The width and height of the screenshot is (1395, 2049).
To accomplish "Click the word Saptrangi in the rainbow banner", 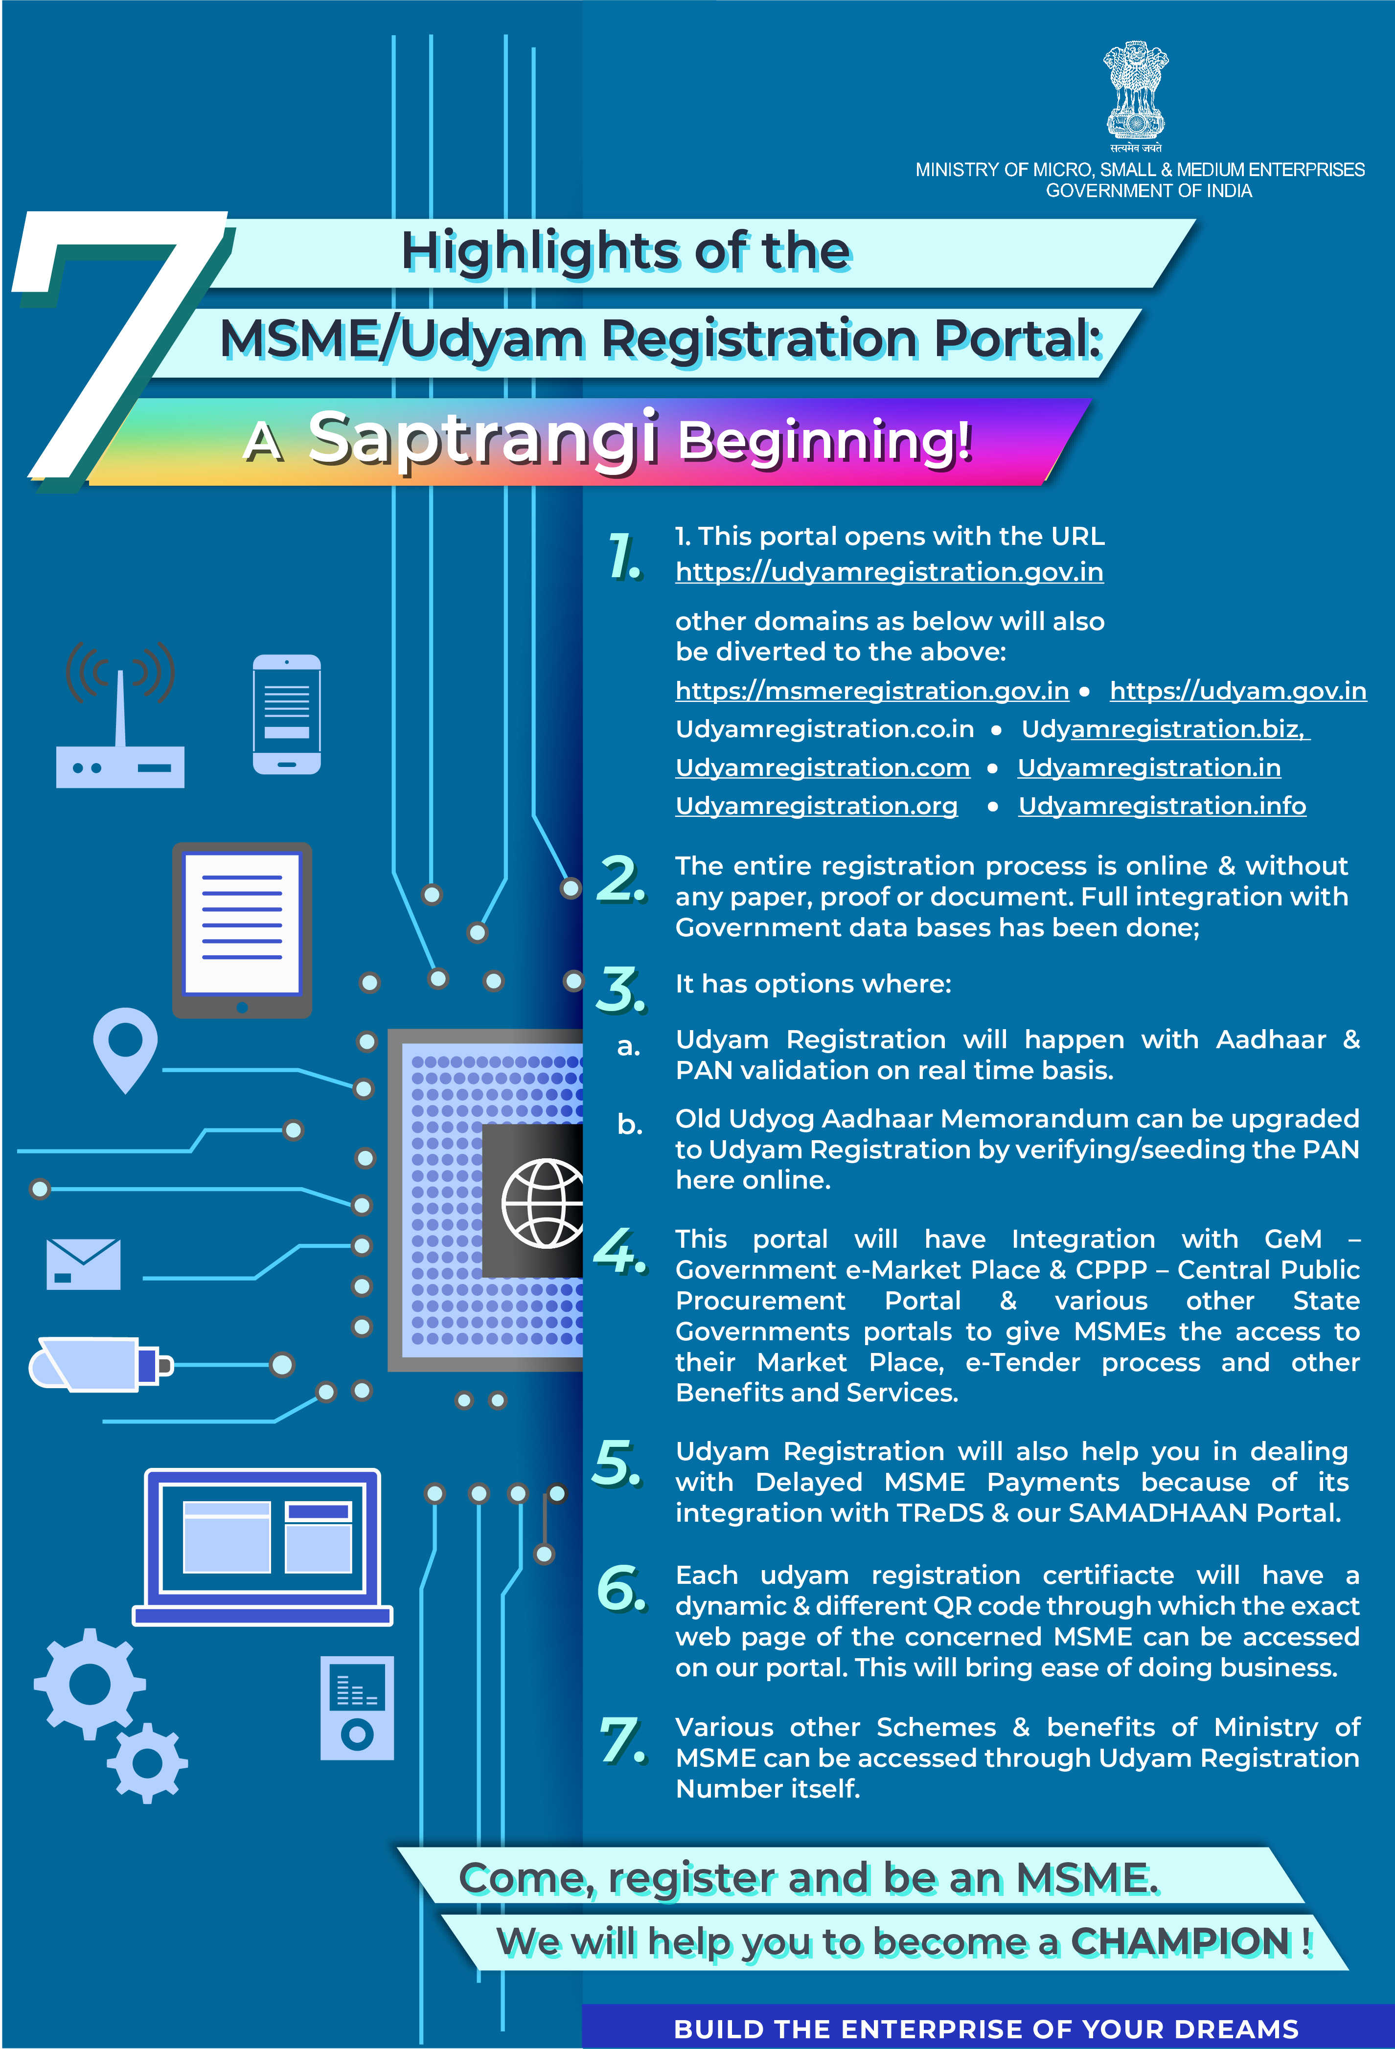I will click(x=483, y=438).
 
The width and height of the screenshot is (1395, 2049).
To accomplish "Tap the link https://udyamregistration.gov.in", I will click(x=889, y=572).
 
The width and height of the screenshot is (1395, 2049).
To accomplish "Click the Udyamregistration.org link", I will click(x=816, y=806).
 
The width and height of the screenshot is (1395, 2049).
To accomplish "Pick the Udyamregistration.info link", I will click(x=1161, y=806).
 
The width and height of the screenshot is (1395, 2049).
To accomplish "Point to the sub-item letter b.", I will click(x=629, y=1124).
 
